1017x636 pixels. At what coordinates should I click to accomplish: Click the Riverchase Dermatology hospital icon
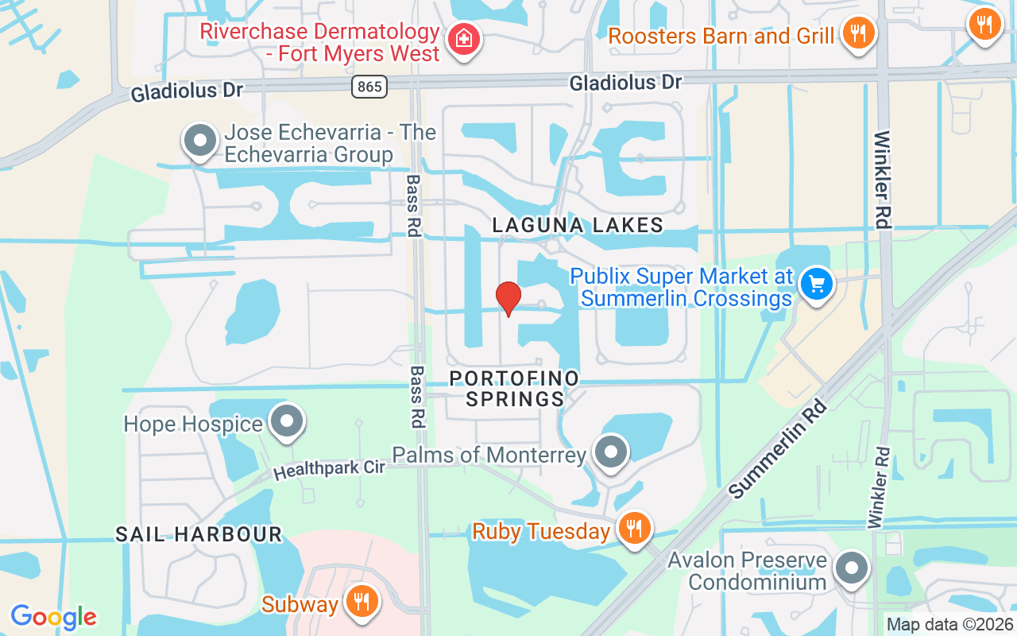[x=463, y=38]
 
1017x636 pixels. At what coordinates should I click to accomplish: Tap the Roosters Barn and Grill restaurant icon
[x=857, y=34]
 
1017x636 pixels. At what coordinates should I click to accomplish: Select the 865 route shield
[x=370, y=87]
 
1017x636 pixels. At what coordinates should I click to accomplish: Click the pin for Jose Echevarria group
[x=200, y=142]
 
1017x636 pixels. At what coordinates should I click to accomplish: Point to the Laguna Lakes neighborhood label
[x=578, y=225]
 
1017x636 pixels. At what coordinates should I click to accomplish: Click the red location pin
[x=508, y=298]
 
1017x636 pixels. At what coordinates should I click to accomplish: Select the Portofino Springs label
[x=514, y=388]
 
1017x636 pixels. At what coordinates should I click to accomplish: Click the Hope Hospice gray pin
[x=287, y=422]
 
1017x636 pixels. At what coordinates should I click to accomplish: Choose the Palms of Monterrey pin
[x=611, y=453]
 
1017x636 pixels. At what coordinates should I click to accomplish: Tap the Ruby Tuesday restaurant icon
[x=634, y=528]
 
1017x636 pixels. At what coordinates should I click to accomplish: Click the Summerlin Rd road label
[x=778, y=449]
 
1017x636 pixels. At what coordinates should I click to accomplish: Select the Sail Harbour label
[x=199, y=534]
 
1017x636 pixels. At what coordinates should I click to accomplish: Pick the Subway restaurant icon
[x=362, y=602]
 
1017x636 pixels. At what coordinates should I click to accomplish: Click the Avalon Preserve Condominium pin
[x=853, y=568]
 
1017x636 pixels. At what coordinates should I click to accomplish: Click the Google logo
[x=53, y=616]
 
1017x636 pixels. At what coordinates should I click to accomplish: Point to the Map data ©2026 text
[x=949, y=625]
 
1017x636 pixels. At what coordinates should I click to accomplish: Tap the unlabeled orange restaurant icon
[x=984, y=24]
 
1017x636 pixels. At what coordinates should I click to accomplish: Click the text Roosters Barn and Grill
[x=721, y=36]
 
